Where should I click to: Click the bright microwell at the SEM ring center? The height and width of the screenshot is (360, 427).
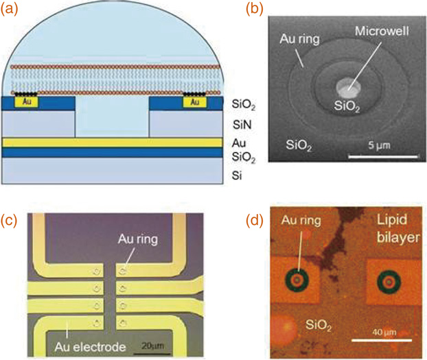click(347, 87)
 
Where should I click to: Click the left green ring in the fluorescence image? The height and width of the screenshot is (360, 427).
click(296, 281)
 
